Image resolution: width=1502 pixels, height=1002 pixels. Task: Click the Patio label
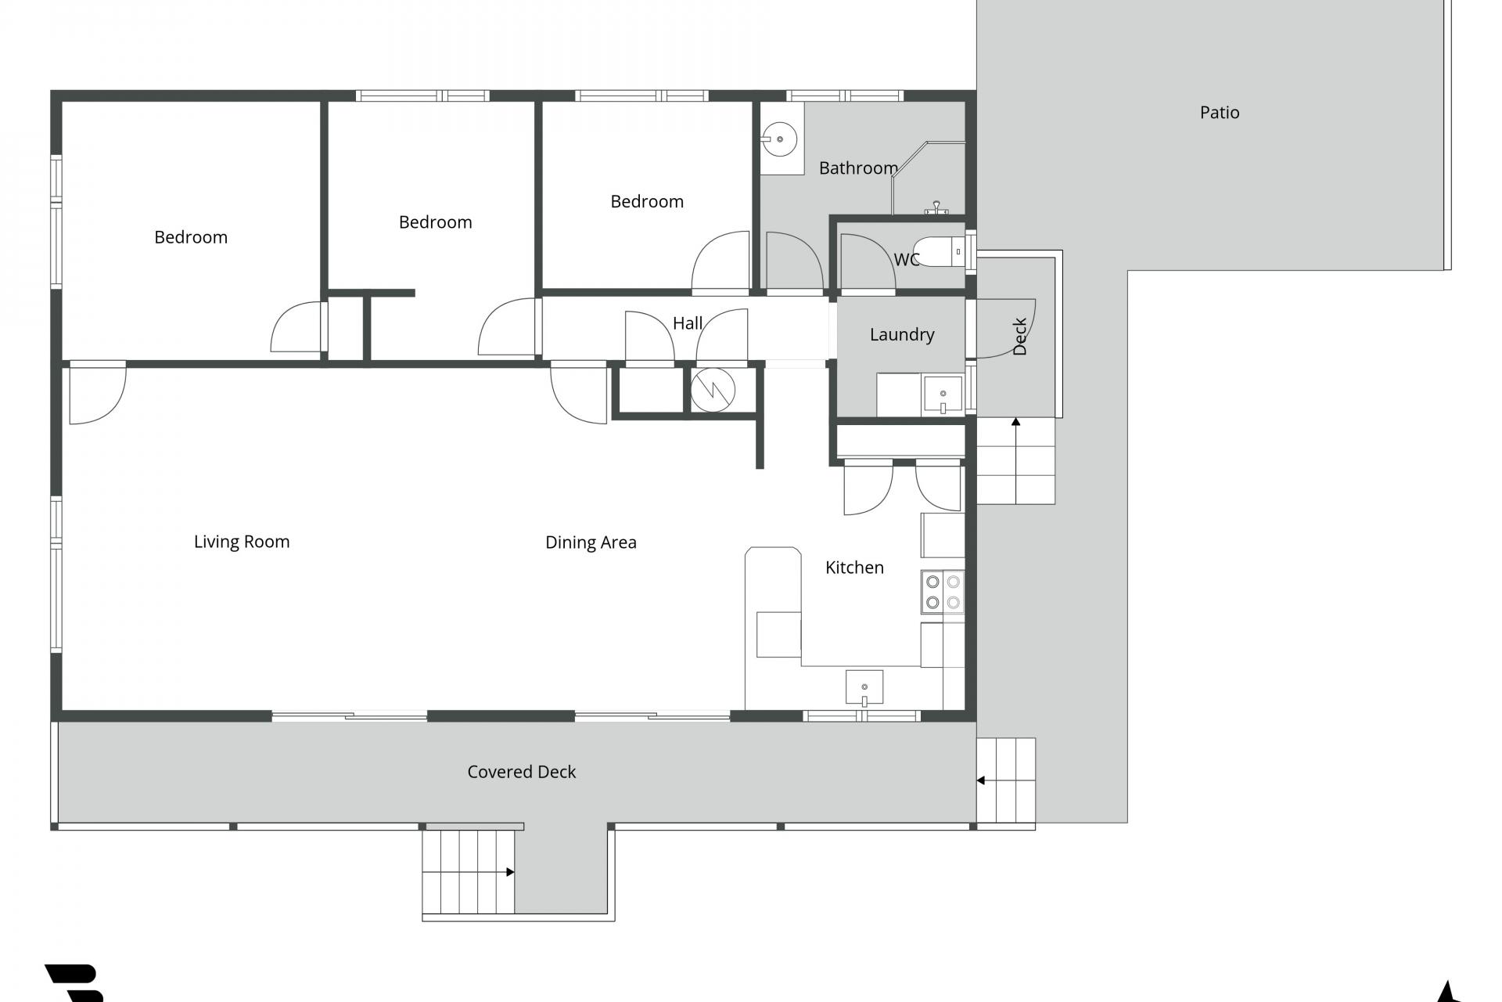(x=1220, y=113)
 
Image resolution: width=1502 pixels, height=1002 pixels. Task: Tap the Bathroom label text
(x=858, y=168)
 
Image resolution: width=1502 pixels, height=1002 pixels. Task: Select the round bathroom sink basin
(x=780, y=139)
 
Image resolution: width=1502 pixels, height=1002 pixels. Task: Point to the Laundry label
(x=902, y=335)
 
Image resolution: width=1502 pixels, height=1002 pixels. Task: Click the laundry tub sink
(x=943, y=394)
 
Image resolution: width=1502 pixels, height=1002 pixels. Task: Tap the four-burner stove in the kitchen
(x=943, y=592)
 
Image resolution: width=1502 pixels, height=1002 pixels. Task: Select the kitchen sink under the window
(x=864, y=687)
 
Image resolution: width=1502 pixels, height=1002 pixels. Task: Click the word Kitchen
(x=854, y=568)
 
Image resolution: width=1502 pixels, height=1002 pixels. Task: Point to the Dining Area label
(x=591, y=542)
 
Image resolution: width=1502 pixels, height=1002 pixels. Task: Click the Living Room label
(x=242, y=542)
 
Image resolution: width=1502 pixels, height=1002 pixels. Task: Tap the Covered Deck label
(x=522, y=772)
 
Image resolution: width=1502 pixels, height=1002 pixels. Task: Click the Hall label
(x=688, y=323)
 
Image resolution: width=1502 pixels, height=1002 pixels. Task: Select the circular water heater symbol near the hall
(x=713, y=389)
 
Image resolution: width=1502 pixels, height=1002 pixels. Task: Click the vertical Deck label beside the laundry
(x=1019, y=337)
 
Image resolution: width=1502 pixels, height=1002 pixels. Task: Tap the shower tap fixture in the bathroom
(x=936, y=208)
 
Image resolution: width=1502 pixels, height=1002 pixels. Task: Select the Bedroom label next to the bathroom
(x=647, y=202)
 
